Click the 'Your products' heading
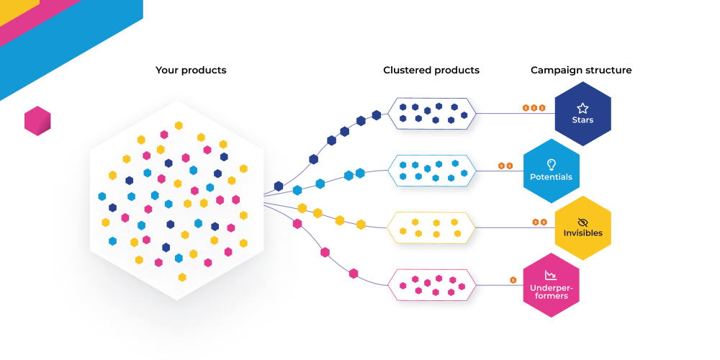[191, 71]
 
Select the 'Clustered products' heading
[431, 71]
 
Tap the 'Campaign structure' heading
[581, 71]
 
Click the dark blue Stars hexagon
[582, 114]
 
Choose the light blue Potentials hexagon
[552, 171]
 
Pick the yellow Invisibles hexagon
[582, 228]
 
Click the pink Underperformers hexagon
[551, 285]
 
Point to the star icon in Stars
[582, 108]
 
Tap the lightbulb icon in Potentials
[552, 164]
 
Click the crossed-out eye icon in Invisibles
[582, 222]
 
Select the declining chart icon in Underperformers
[551, 275]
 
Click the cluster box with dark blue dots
[431, 114]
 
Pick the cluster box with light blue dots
[431, 171]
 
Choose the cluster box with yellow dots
[431, 228]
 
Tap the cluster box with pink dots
[431, 285]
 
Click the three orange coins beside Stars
[534, 108]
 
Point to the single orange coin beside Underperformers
[513, 280]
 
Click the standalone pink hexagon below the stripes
[37, 121]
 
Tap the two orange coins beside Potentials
[505, 166]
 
